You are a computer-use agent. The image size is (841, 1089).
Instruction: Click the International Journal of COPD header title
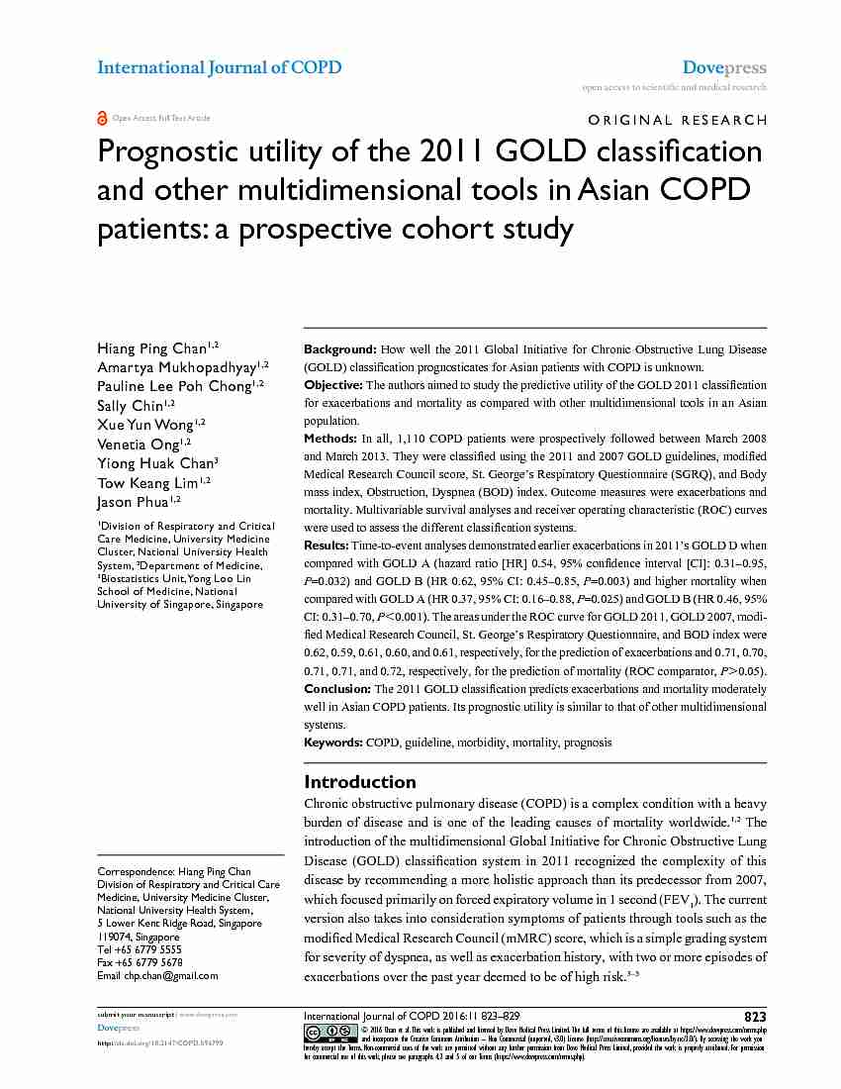point(219,67)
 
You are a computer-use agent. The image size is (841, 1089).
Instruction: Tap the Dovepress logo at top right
point(724,67)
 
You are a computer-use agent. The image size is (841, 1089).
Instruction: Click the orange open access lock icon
point(102,118)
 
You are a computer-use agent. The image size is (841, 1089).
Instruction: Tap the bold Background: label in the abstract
point(339,349)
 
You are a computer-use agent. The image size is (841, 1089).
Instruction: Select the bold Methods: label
point(329,438)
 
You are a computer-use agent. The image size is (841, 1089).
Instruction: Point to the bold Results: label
point(327,544)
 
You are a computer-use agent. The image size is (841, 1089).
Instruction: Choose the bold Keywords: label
point(333,742)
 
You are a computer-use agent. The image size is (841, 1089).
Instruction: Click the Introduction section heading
point(360,781)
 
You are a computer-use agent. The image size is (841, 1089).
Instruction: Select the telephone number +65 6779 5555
point(149,948)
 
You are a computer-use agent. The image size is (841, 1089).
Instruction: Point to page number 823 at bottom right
point(755,1017)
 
